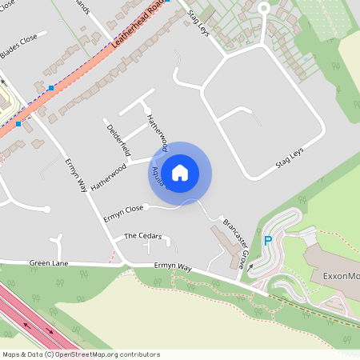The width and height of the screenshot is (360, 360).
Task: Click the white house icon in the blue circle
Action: click(x=180, y=172)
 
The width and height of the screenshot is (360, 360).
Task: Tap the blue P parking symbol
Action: click(x=268, y=241)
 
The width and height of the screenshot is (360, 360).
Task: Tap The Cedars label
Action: click(x=142, y=237)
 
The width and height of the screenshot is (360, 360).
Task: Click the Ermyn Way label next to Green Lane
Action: click(x=174, y=266)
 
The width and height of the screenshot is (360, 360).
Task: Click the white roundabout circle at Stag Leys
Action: click(x=263, y=10)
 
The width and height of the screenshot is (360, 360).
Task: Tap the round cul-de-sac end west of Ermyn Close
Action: click(x=47, y=210)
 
